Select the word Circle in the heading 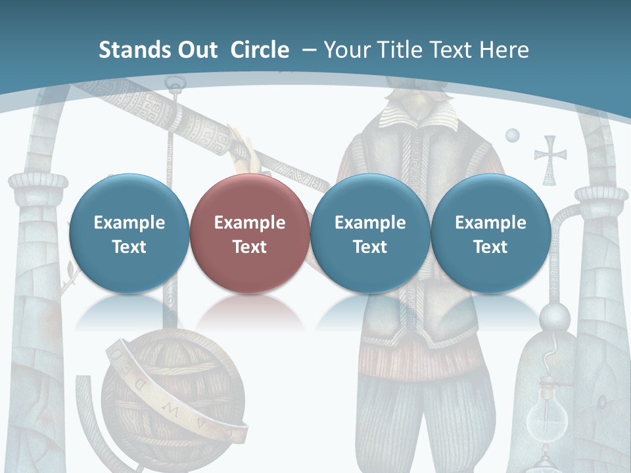260,50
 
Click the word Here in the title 504,50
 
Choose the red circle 249,234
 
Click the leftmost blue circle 129,234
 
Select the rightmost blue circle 490,234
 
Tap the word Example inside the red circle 249,223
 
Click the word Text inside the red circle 249,247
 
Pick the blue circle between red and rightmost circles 369,234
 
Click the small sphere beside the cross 512,135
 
